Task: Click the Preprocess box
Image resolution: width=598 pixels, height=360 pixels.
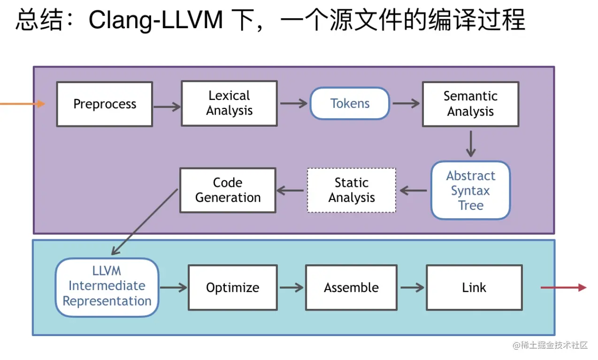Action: [x=105, y=104]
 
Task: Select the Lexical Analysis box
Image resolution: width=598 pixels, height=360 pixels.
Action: [x=229, y=103]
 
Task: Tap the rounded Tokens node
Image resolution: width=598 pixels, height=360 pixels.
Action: [x=350, y=104]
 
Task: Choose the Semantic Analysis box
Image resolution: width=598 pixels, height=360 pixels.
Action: [x=470, y=104]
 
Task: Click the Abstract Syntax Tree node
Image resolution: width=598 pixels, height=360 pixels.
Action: [x=470, y=191]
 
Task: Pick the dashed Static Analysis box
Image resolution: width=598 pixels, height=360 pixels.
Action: [x=352, y=190]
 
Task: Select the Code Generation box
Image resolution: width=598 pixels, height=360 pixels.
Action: [x=228, y=190]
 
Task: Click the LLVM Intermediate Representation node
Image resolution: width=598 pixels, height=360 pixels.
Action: [x=107, y=286]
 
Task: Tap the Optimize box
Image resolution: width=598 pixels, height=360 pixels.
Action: [x=232, y=287]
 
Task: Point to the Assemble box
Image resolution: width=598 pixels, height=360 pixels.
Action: [x=351, y=287]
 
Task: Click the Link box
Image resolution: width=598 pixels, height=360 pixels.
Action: [x=474, y=287]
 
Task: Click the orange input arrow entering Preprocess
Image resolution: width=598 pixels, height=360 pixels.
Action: [x=21, y=104]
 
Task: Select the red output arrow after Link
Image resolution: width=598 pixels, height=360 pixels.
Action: [x=563, y=287]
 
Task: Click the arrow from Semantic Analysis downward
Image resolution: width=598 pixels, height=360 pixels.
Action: [x=471, y=144]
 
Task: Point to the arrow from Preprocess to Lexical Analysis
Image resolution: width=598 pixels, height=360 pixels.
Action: [x=167, y=107]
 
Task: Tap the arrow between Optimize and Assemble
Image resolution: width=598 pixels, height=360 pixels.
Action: [x=291, y=287]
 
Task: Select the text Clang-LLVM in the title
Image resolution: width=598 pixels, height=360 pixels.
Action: [x=155, y=21]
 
